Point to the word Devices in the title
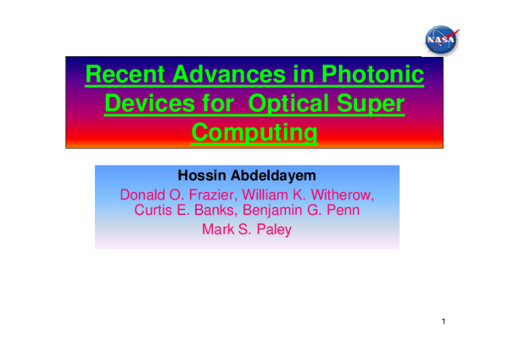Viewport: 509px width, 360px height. [x=146, y=105]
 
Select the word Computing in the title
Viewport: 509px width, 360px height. [x=255, y=133]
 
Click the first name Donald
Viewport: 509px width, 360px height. [x=145, y=195]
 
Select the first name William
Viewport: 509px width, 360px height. [x=271, y=195]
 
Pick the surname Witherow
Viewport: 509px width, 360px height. [x=343, y=195]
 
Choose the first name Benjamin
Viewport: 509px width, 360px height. [x=274, y=211]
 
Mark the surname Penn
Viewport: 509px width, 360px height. [x=339, y=211]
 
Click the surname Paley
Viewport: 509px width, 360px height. [x=271, y=228]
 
